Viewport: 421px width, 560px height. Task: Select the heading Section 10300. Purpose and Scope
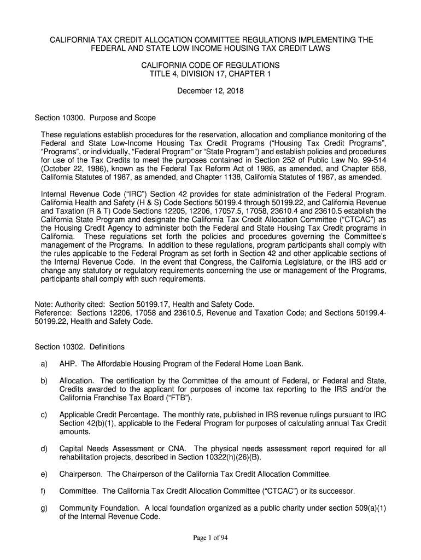point(95,118)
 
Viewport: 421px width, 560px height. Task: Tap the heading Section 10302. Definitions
point(80,347)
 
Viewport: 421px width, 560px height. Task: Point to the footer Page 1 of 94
point(210,538)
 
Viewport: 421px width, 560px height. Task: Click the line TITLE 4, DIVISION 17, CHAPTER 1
point(210,74)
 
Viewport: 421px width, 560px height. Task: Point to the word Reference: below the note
point(54,313)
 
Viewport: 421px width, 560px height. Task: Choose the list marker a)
point(44,364)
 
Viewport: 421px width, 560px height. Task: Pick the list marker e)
point(44,474)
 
